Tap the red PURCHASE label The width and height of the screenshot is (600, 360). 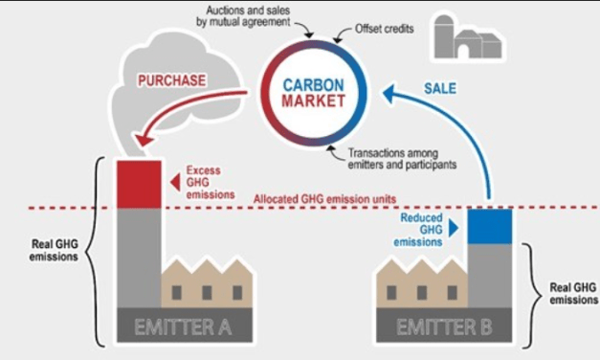tap(171, 80)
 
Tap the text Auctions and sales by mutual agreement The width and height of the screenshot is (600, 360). tap(265, 13)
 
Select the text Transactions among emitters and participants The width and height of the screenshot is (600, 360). tap(401, 157)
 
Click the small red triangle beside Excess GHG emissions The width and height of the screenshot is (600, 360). tap(173, 179)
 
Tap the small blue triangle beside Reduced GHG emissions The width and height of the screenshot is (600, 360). tap(455, 228)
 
